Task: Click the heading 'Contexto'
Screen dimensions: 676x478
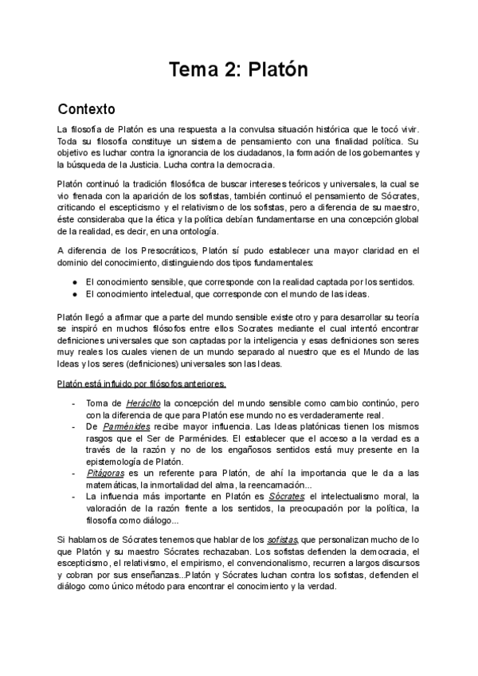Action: (x=87, y=108)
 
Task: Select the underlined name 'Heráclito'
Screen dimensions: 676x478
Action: (x=144, y=403)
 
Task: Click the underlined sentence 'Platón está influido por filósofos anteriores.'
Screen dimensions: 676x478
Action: (x=141, y=383)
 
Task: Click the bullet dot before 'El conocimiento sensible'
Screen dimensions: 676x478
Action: (x=74, y=281)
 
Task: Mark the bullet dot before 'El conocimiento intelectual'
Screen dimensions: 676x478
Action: (x=74, y=293)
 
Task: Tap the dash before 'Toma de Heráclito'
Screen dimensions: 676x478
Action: (x=73, y=403)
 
